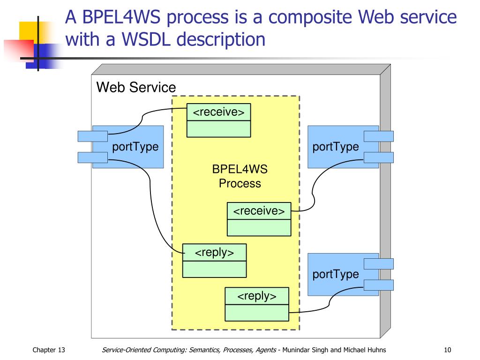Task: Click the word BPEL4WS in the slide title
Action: (121, 17)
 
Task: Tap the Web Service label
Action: (136, 87)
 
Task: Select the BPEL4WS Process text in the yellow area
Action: (240, 176)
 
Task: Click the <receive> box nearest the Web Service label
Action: (218, 120)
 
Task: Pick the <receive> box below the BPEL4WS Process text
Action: (259, 219)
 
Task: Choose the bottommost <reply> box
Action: (257, 304)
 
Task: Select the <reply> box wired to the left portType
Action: (214, 261)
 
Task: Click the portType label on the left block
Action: (135, 147)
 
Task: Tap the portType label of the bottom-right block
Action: (336, 274)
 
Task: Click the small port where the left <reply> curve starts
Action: (92, 157)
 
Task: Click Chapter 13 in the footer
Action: (49, 350)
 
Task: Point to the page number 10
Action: (447, 350)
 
